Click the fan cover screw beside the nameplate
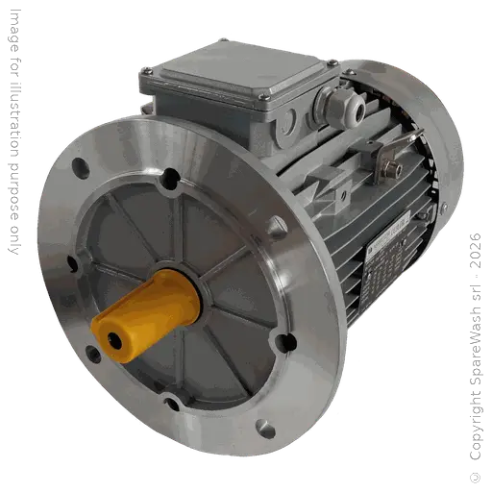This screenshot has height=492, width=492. [x=444, y=214]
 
